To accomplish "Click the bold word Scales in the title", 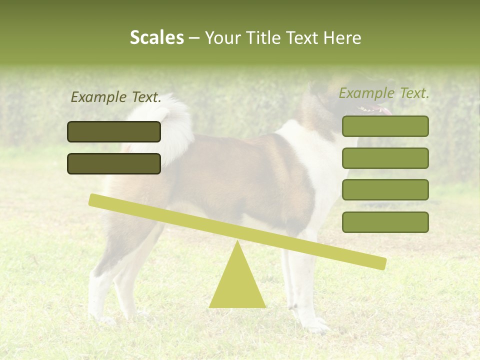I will [x=156, y=38].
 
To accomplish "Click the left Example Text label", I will [x=116, y=97].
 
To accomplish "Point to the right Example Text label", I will [x=384, y=93].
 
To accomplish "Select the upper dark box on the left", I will [x=114, y=131].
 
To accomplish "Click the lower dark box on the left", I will [x=114, y=163].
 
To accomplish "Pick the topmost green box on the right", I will [x=385, y=126].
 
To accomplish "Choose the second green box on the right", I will [x=385, y=158].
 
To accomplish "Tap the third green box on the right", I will [x=385, y=190].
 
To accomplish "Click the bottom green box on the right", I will [x=385, y=222].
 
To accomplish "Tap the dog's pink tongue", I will [x=386, y=110].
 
